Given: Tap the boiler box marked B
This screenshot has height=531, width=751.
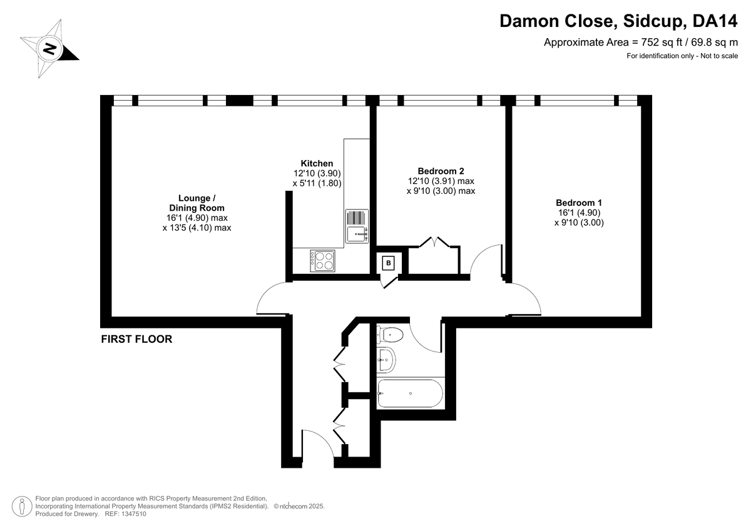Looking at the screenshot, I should click(x=389, y=263).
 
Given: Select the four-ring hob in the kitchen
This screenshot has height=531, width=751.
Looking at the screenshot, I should click(x=322, y=260).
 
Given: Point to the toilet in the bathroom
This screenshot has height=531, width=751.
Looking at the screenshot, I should click(x=391, y=335).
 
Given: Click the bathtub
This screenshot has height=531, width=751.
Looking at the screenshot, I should click(x=410, y=393).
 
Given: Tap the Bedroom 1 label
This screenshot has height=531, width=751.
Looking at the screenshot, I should click(x=579, y=203).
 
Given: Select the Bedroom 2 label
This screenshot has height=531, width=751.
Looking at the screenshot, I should click(x=441, y=171).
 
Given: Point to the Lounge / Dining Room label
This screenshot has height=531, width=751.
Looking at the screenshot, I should click(x=197, y=203).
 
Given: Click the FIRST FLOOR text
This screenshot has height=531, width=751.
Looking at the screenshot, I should click(x=136, y=340).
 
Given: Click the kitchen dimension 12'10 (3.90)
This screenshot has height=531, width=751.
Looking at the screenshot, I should click(x=317, y=173).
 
